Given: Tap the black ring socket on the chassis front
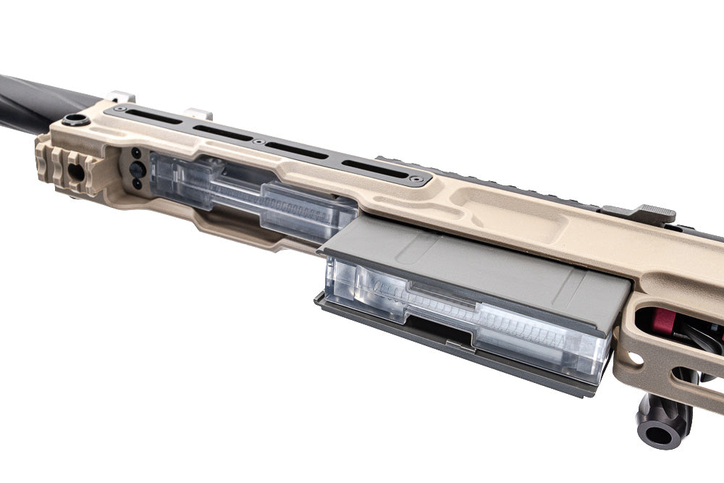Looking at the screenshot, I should (75, 120).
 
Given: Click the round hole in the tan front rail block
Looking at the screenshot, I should (75, 172).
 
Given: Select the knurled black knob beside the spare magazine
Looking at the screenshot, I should (137, 169).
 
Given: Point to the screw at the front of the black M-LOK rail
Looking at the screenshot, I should (119, 109).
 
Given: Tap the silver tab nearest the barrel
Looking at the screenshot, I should (119, 96).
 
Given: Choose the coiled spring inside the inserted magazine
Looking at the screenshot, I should (521, 329).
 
